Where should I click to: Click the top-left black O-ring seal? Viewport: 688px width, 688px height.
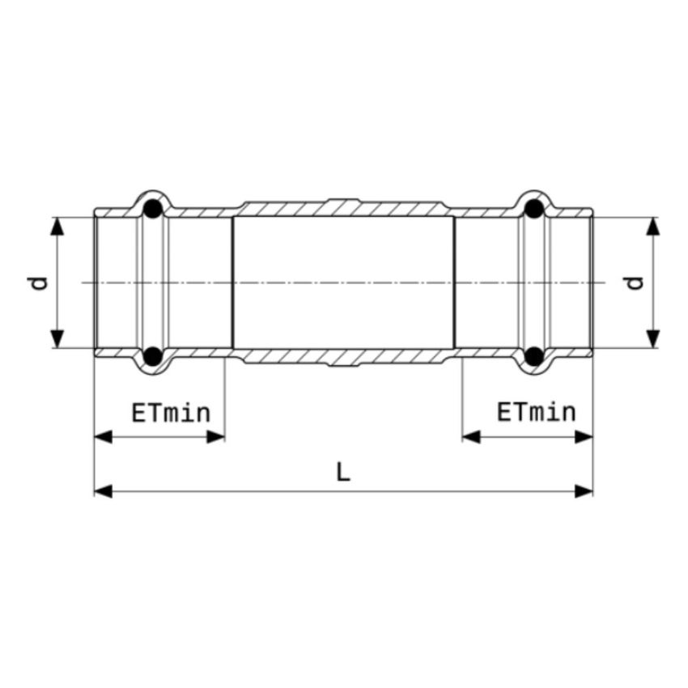[x=153, y=209]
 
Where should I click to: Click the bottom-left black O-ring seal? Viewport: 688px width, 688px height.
[x=153, y=356]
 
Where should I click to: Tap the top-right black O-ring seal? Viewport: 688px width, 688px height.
[x=534, y=209]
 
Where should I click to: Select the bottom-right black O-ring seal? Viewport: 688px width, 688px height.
[x=534, y=356]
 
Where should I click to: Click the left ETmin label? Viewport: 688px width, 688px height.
[x=171, y=413]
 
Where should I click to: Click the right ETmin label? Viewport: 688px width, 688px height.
[x=536, y=412]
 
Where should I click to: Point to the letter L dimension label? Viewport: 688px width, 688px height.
[x=343, y=473]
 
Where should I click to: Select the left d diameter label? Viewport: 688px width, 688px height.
[x=40, y=283]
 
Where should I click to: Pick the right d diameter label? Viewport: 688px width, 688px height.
[x=635, y=283]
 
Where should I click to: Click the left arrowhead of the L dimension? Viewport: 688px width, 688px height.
[x=103, y=491]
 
